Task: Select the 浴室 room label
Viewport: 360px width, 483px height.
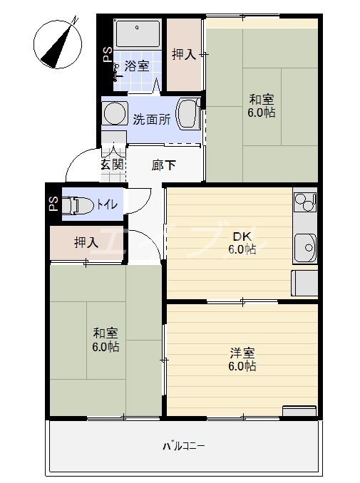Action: click(137, 66)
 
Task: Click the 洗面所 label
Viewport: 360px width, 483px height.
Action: click(151, 119)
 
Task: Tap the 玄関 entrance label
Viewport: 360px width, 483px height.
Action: click(112, 165)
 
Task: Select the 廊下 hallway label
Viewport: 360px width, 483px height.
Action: click(164, 165)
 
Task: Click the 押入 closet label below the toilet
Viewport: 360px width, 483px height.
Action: click(86, 243)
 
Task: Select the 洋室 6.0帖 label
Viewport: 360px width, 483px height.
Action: click(242, 359)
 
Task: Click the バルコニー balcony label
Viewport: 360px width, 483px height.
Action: click(183, 447)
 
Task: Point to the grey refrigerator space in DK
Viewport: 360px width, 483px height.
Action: click(304, 284)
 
